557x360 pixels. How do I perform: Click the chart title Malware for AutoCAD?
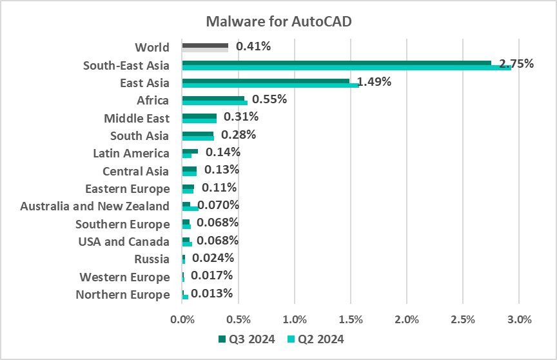tap(278, 21)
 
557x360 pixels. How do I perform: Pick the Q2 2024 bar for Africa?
tap(215, 103)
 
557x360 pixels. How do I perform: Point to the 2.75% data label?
tap(517, 64)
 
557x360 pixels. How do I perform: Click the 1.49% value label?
tap(375, 82)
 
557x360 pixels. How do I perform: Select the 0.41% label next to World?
tap(253, 46)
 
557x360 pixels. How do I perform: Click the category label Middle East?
tap(137, 118)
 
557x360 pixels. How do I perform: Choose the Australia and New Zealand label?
tap(95, 206)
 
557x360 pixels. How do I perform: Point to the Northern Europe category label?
tap(122, 295)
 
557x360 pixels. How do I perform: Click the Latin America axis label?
tap(131, 153)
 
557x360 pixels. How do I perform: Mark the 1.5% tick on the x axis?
tap(350, 319)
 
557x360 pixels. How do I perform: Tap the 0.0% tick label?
tap(182, 319)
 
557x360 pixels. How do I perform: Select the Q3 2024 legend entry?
tap(246, 339)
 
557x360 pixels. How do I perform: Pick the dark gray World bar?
tap(205, 45)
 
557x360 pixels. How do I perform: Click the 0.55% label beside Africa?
tap(269, 99)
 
